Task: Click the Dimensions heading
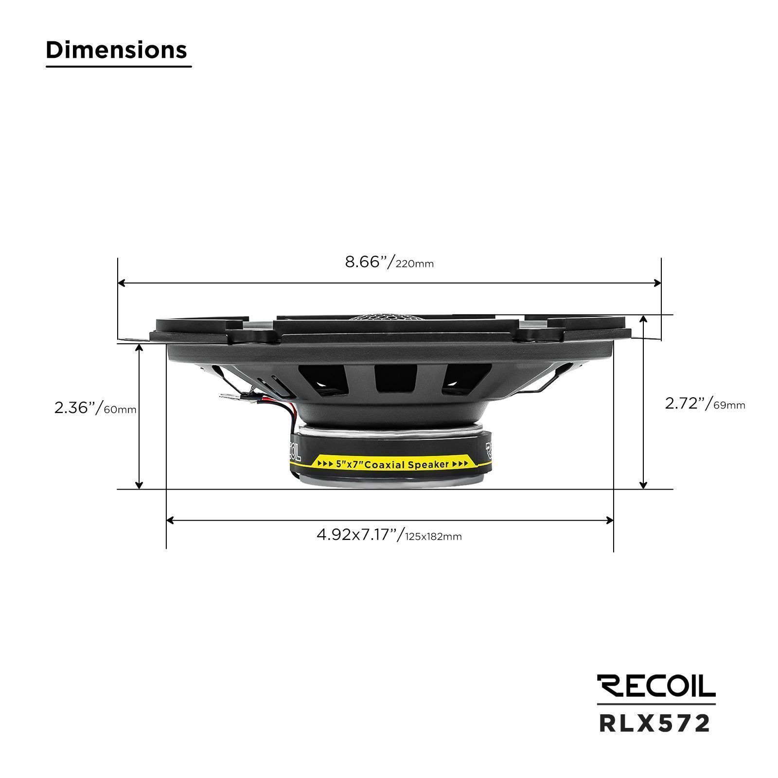coord(116,50)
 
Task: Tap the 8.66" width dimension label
coord(389,263)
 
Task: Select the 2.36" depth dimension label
coord(95,408)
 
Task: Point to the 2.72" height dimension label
coord(705,404)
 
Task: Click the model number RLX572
coord(655,724)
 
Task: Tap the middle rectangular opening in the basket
coord(396,379)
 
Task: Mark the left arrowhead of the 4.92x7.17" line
coord(170,520)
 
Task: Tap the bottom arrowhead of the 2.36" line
coord(140,485)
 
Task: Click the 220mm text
coord(415,265)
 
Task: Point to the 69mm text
coord(729,405)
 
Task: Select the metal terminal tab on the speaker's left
coord(229,397)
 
